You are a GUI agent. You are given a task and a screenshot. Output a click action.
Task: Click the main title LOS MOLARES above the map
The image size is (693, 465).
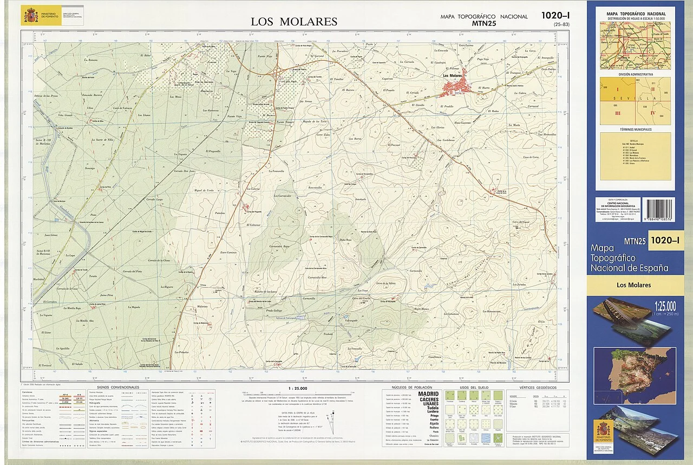click(294, 22)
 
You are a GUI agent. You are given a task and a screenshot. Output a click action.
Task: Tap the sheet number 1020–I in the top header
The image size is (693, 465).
click(557, 16)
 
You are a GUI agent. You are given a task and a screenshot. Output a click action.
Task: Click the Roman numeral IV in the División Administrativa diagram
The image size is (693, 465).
click(653, 113)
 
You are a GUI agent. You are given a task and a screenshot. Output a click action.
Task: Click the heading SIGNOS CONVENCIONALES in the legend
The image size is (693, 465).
click(118, 387)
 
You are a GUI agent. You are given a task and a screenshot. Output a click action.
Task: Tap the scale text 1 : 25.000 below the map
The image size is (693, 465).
click(298, 387)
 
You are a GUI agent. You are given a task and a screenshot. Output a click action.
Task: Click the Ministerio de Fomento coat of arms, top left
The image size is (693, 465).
click(31, 16)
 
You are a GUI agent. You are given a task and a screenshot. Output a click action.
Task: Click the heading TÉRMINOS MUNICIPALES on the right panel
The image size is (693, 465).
click(635, 130)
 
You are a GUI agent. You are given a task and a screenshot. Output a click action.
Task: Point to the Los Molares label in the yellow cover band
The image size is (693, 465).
click(633, 285)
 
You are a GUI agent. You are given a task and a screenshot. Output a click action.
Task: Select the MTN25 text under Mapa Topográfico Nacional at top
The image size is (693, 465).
click(484, 23)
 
